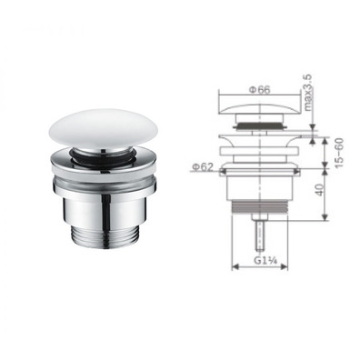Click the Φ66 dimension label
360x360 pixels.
click(x=259, y=90)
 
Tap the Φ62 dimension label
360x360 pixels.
click(x=203, y=167)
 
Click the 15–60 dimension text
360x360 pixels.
click(x=339, y=153)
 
